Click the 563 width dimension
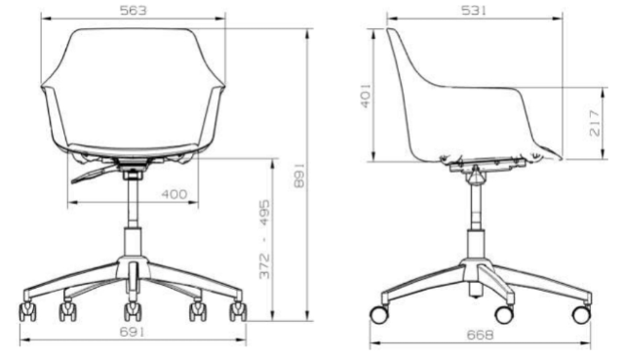click(134, 11)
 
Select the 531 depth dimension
click(474, 11)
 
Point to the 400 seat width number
click(174, 194)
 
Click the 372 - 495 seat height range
click(264, 239)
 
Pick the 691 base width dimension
click(133, 332)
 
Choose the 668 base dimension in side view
click(480, 335)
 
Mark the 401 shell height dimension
click(366, 96)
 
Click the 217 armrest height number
click(594, 124)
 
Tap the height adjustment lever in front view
click(95, 175)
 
